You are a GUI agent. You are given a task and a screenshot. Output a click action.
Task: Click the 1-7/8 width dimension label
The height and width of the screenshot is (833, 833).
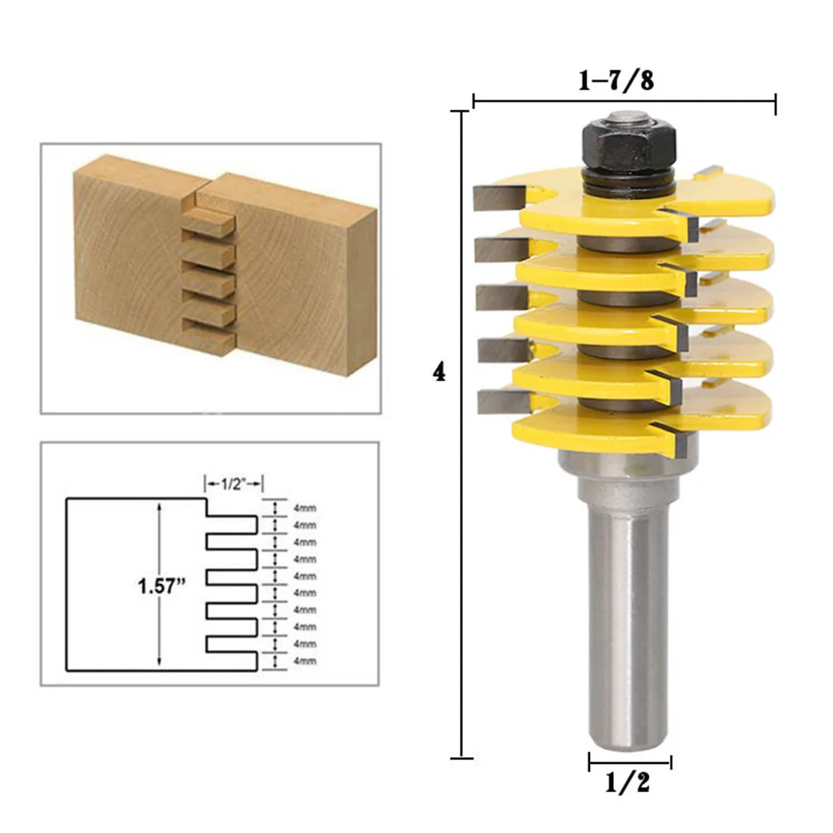(x=617, y=80)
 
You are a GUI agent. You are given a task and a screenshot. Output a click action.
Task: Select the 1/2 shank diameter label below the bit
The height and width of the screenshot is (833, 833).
(x=627, y=782)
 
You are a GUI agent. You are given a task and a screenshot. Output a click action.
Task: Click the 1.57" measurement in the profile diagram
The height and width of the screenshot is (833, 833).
(x=161, y=587)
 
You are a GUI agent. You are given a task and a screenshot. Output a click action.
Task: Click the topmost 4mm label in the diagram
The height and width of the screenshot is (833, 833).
(x=305, y=508)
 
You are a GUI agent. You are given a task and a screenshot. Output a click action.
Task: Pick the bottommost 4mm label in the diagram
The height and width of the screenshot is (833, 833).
(x=305, y=662)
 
